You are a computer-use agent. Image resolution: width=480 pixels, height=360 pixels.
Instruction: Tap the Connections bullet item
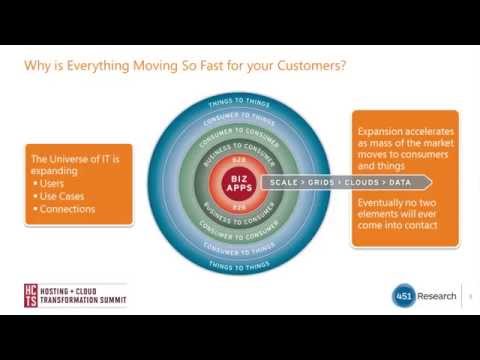pyautogui.click(x=65, y=209)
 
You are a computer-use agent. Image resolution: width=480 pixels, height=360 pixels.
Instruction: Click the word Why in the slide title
pyautogui.click(x=37, y=68)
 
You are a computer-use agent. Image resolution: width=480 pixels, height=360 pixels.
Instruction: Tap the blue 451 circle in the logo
pyautogui.click(x=403, y=295)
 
